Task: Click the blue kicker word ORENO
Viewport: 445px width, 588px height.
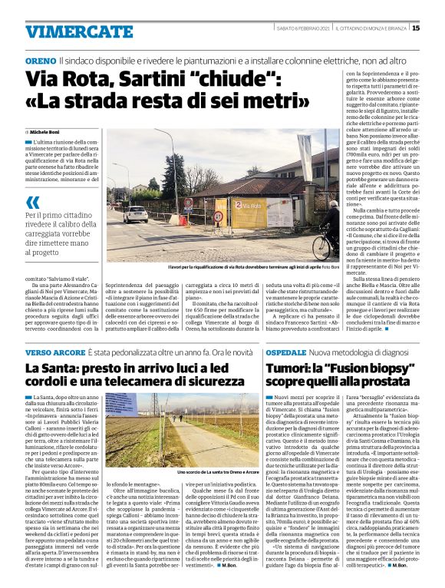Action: pyautogui.click(x=40, y=60)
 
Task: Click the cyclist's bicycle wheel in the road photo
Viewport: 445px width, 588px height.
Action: pyautogui.click(x=301, y=249)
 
